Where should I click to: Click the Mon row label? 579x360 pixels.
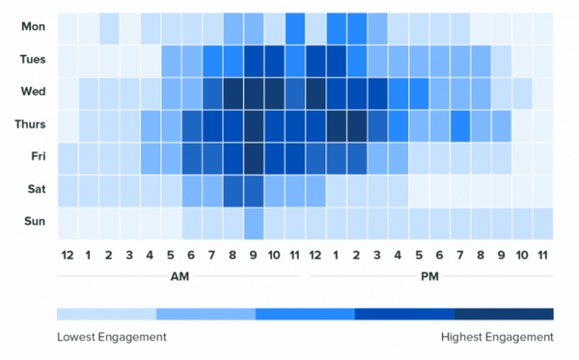click(32, 27)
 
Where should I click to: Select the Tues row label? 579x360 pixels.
click(32, 60)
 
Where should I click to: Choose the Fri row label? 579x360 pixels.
click(32, 158)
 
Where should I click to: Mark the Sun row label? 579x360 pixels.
click(32, 223)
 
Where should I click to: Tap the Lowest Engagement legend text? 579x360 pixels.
click(112, 337)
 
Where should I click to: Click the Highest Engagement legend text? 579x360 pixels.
click(496, 337)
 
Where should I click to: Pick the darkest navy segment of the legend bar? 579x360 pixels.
click(504, 314)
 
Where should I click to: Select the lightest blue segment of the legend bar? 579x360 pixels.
click(106, 314)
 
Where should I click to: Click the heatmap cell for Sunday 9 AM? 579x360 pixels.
click(254, 223)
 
